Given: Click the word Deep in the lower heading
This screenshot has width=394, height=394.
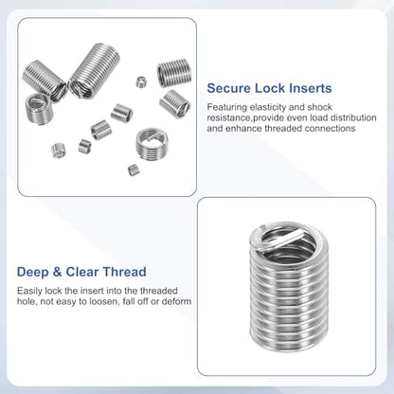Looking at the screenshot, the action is [32, 273].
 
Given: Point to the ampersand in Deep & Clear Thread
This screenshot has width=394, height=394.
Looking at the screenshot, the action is [57, 272].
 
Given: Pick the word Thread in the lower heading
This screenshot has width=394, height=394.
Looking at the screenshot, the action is [125, 272].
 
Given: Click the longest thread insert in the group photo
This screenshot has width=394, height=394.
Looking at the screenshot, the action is [94, 70].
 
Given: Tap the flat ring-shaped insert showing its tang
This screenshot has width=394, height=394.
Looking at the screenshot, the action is [152, 144].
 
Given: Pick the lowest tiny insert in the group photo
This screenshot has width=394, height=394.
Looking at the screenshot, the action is [134, 170].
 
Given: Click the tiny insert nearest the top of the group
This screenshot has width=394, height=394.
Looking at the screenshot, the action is [141, 81].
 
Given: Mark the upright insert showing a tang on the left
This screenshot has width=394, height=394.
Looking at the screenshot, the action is [37, 108].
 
